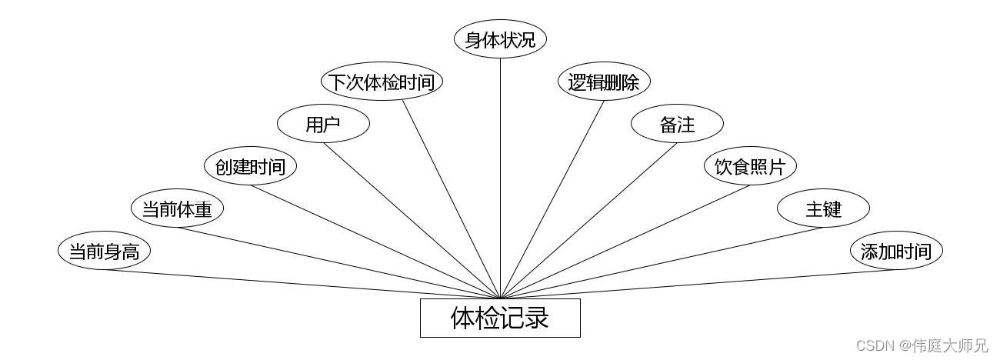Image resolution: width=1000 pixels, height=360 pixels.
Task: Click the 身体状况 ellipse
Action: pos(500,39)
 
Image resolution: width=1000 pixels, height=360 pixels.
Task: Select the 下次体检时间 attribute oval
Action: pos(382,82)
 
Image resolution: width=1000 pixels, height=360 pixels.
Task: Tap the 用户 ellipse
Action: pos(323,124)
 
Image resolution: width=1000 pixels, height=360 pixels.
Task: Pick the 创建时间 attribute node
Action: pos(250,166)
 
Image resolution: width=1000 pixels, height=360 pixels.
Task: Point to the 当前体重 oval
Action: pos(177,208)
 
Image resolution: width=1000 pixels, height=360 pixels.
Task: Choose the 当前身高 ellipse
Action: pos(104,251)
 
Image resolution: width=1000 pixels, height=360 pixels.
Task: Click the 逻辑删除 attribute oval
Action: pos(604,82)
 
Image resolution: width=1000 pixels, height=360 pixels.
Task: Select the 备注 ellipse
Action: pos(677,124)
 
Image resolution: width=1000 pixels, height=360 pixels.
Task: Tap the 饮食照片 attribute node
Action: pos(750,166)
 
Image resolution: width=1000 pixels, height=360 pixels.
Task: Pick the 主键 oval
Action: pos(823,208)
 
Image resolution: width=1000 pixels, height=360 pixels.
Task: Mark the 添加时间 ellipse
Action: pos(896,251)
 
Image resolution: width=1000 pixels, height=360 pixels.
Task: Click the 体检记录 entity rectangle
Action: pos(500,318)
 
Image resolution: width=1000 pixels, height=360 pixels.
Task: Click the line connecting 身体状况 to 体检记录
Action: pos(500,177)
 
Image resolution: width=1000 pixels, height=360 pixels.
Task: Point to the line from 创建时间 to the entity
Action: pos(375,242)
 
